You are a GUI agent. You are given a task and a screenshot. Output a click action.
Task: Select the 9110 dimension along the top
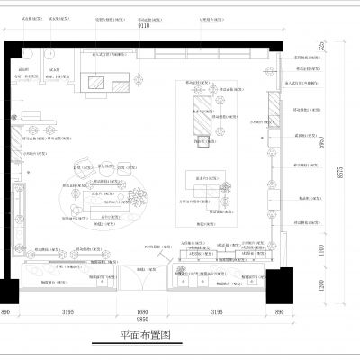point(143,28)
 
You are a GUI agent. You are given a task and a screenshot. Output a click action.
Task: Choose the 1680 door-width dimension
point(144,311)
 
